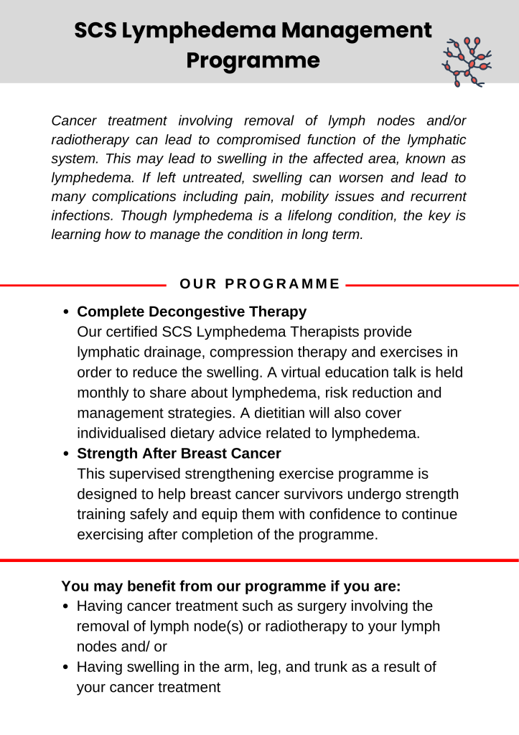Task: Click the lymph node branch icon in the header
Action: (x=467, y=62)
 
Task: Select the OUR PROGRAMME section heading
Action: (x=260, y=284)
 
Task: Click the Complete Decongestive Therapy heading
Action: (x=192, y=312)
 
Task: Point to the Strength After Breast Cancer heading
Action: (x=179, y=454)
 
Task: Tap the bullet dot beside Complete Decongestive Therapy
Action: (x=66, y=313)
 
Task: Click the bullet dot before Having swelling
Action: (x=66, y=668)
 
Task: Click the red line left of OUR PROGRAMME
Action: (x=83, y=285)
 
